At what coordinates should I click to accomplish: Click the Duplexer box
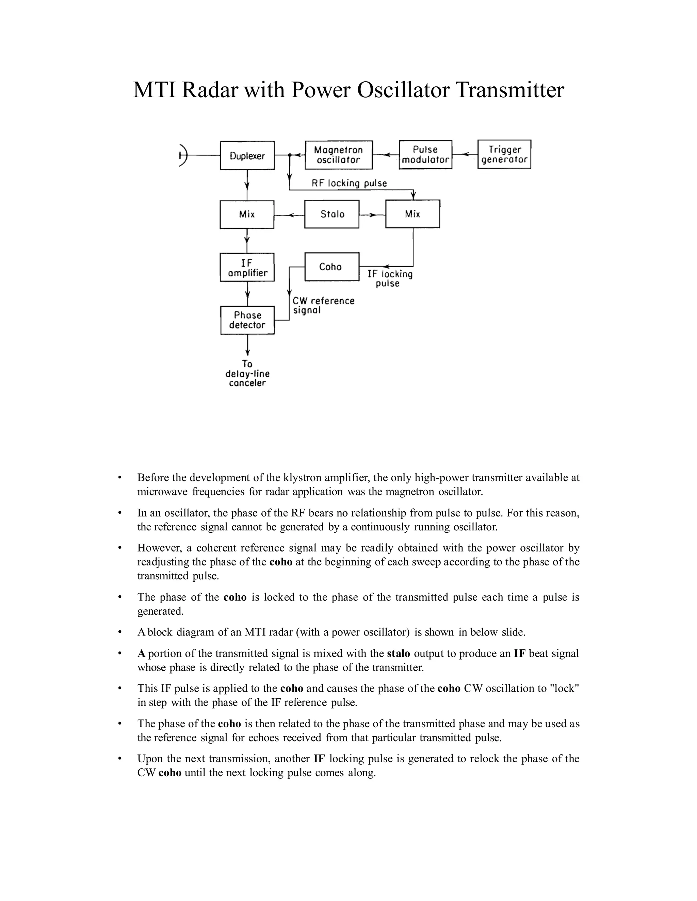(x=247, y=155)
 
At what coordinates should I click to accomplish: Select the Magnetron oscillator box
(x=339, y=155)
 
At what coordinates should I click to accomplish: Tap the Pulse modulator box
(x=425, y=155)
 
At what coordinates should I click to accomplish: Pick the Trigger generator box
(x=504, y=154)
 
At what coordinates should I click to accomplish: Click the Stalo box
(x=332, y=214)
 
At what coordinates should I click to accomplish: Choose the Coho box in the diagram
(x=331, y=267)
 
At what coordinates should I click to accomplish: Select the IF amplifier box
(x=247, y=267)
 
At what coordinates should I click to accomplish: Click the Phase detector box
(x=247, y=320)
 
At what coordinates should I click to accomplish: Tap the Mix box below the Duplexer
(x=247, y=215)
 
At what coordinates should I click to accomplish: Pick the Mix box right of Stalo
(x=412, y=214)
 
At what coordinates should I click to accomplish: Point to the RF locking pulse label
(x=349, y=183)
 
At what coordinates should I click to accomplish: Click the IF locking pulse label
(x=389, y=278)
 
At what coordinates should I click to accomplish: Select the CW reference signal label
(x=323, y=305)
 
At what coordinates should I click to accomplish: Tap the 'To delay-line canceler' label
(x=247, y=373)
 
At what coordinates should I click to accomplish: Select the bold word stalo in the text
(x=399, y=653)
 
